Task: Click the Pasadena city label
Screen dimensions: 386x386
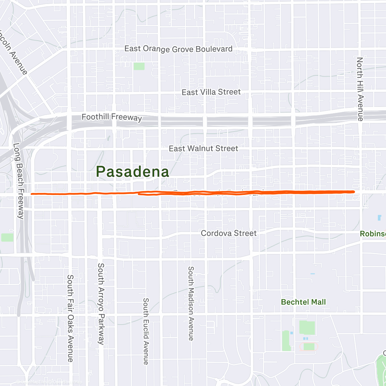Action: tap(133, 172)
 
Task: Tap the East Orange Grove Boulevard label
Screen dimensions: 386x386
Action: tap(178, 49)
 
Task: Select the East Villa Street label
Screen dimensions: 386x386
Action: tap(211, 92)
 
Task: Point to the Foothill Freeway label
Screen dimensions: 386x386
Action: tap(112, 117)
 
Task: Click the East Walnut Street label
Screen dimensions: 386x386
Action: tap(203, 149)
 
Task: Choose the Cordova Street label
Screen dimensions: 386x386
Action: tap(229, 233)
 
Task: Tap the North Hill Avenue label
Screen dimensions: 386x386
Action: tap(360, 89)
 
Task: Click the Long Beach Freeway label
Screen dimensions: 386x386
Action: tap(19, 181)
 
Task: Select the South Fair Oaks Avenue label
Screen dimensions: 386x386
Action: tap(70, 318)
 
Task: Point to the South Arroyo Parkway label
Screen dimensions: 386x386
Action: tap(101, 304)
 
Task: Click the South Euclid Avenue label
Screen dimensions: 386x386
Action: tap(146, 331)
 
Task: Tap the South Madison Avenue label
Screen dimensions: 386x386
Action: tap(191, 303)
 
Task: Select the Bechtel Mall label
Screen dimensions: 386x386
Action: tap(303, 302)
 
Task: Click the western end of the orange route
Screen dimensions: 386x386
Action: tap(32, 194)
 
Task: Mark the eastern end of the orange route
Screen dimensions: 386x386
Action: tap(354, 192)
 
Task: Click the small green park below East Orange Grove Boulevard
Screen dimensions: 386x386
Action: tap(139, 66)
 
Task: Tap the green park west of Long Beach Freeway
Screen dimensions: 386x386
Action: tap(7, 237)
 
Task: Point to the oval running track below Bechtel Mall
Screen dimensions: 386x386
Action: tap(309, 347)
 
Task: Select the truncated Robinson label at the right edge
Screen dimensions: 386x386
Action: tap(373, 234)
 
